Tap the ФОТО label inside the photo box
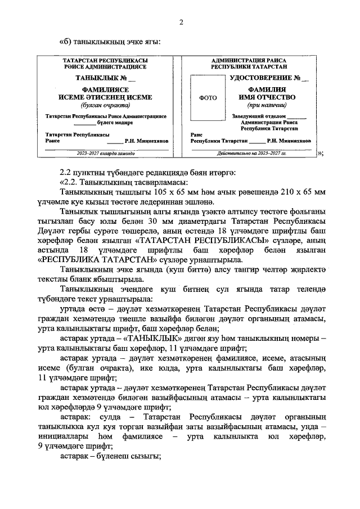(x=208, y=97)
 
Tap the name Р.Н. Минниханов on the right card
(x=291, y=141)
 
